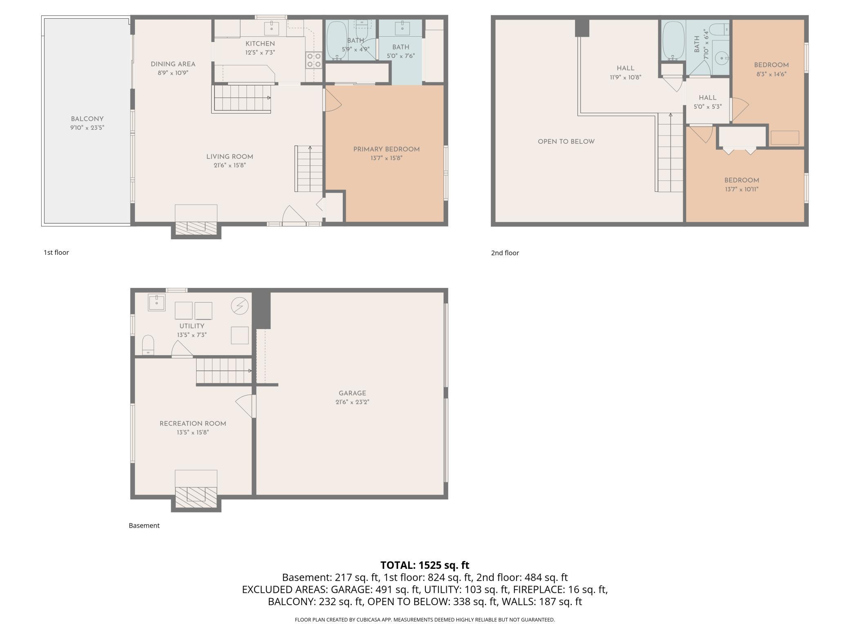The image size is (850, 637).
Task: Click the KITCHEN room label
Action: pos(260,44)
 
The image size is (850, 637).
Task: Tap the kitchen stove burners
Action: pos(313,60)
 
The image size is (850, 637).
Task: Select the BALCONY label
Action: pos(87,119)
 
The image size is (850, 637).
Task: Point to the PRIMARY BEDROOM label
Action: pos(386,149)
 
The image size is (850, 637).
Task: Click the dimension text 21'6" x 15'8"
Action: pos(230,165)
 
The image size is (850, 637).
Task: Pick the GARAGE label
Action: pos(352,393)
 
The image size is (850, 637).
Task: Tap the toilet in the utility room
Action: pos(148,345)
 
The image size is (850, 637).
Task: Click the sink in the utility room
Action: pos(157,303)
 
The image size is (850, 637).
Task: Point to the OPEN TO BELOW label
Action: pos(566,142)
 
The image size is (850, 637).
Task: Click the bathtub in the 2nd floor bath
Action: pos(673,41)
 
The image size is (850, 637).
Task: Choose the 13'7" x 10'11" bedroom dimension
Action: pos(742,189)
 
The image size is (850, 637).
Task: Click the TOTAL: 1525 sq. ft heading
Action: pos(425,565)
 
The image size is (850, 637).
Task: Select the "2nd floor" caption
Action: pos(505,253)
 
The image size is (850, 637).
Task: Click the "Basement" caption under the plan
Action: pos(144,526)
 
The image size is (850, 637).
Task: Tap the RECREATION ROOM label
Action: pos(193,423)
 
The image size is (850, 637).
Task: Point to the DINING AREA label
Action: pos(173,64)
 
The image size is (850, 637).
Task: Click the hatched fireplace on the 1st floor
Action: pos(196,229)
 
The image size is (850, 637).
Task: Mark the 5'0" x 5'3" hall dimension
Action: pos(708,107)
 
